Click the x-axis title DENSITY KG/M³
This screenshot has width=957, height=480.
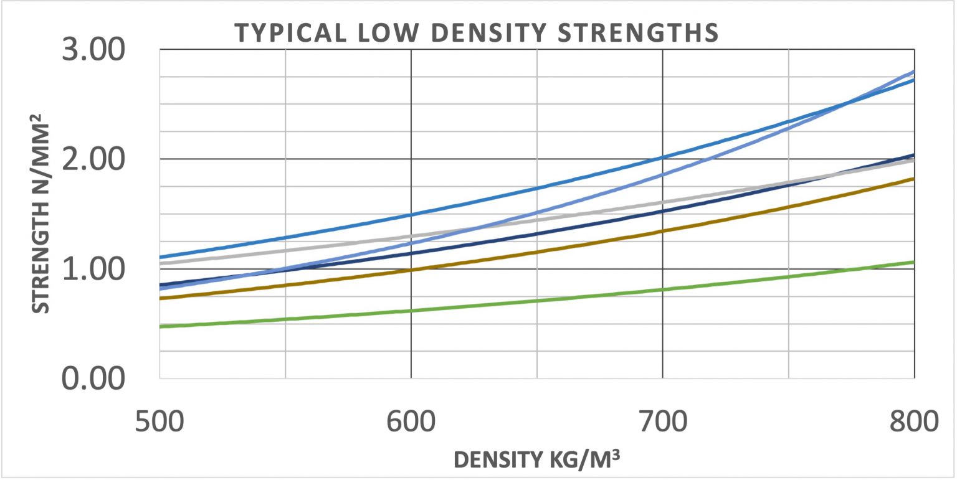(x=538, y=459)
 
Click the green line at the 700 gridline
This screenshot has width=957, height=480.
(x=662, y=289)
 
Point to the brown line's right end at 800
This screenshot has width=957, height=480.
(x=913, y=179)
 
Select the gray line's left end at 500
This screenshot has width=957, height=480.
(x=160, y=263)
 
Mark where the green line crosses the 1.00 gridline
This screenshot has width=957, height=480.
(x=857, y=269)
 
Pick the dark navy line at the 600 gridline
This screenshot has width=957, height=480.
(x=411, y=253)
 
